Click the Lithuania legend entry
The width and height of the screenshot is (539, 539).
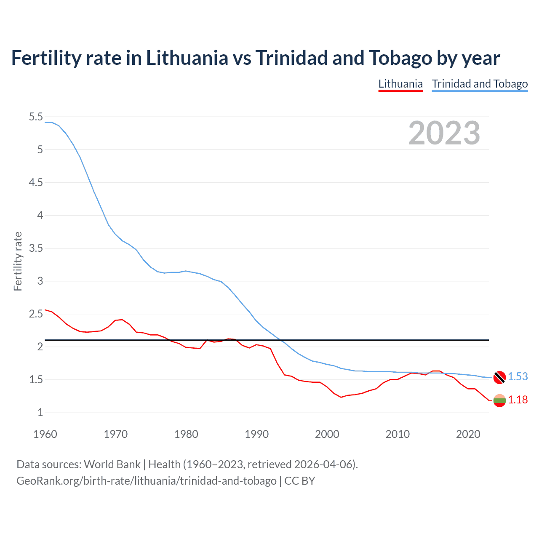click(400, 84)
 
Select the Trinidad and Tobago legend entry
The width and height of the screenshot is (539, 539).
click(480, 84)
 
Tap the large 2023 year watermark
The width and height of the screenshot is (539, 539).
click(444, 133)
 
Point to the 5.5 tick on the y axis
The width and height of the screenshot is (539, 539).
click(36, 117)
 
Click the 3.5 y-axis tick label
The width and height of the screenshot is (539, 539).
click(36, 248)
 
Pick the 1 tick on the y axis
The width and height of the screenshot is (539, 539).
click(40, 412)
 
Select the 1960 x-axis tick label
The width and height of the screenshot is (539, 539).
click(45, 434)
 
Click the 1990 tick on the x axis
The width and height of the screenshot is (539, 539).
click(256, 434)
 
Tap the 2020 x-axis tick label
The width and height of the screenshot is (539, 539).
click(468, 434)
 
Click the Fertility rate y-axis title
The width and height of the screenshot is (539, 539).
click(18, 261)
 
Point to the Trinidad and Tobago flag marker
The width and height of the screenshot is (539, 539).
click(499, 377)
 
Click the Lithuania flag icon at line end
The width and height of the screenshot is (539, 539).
click(499, 400)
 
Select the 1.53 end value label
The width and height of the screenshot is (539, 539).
click(518, 376)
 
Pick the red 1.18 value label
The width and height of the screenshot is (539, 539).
click(518, 400)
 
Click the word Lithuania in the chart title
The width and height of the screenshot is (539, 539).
click(187, 58)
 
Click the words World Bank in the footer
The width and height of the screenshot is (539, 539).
click(112, 464)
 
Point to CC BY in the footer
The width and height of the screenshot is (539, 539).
click(299, 480)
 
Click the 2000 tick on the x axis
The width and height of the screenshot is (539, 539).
click(327, 434)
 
